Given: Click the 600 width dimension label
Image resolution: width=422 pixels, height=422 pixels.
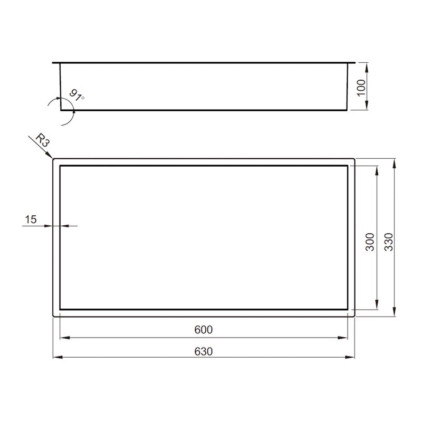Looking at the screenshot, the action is point(204,330).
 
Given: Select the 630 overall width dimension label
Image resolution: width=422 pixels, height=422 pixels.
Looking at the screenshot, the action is point(204,351).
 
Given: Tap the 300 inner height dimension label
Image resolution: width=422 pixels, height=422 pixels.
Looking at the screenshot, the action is point(370,242).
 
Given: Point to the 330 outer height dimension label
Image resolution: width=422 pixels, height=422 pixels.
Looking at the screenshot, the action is point(389,242).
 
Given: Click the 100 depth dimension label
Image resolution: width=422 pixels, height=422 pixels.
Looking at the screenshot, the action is point(361,88).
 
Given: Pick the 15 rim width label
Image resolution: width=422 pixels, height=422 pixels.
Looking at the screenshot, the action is point(31,219).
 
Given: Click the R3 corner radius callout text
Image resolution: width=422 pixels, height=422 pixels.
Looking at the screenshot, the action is point(43,141).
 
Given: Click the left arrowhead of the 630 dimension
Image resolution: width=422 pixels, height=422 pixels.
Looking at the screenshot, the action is point(57,358).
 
